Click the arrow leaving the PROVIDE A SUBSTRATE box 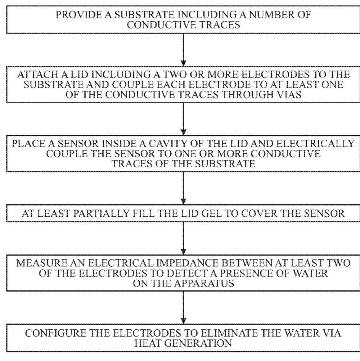pos(183,50)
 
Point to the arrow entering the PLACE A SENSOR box pos(183,119)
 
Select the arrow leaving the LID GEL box pos(183,238)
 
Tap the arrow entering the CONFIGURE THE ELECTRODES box pos(183,308)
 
